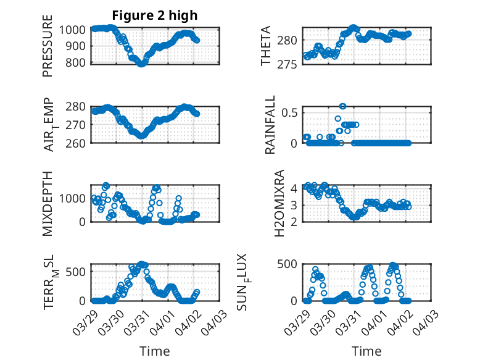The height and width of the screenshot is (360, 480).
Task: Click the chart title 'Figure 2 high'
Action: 154,15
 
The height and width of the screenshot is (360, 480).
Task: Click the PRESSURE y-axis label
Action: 48,50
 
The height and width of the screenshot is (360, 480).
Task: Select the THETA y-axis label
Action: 266,46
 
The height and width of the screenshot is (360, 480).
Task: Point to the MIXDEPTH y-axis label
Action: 48,203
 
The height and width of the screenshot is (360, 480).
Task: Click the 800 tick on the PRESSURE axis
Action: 78,62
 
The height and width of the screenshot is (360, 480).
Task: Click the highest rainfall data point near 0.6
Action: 342,106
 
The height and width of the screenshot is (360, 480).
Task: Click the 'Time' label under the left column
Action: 154,351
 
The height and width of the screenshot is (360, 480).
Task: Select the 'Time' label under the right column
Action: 366,351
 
